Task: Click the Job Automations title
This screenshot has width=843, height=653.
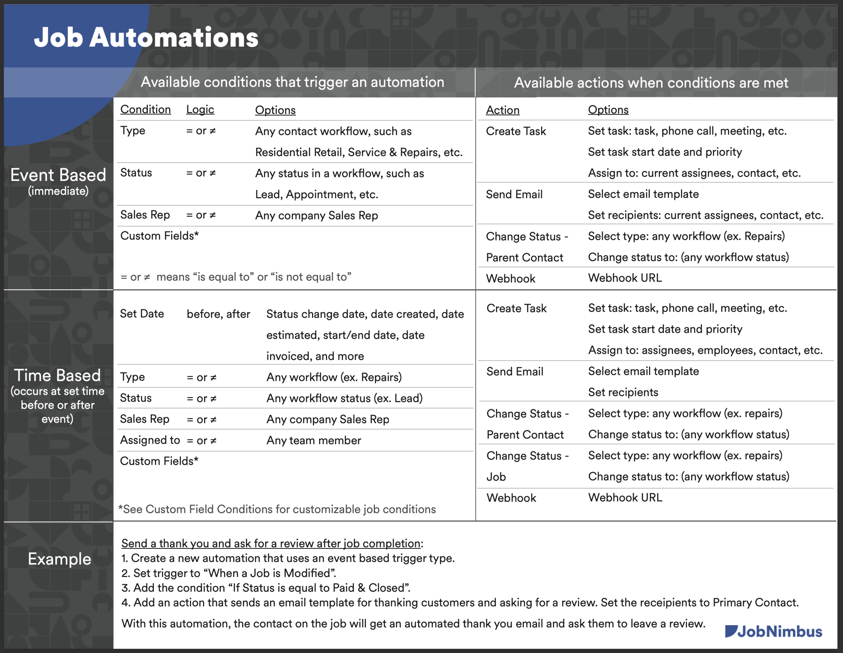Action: (146, 38)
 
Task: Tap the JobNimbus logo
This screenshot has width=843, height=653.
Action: (774, 631)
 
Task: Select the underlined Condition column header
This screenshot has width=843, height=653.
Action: (145, 110)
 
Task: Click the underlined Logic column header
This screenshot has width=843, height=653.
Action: (200, 110)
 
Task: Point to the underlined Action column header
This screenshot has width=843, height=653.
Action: (502, 110)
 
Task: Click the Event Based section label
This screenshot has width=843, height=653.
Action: (58, 175)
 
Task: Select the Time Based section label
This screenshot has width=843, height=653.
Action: (58, 376)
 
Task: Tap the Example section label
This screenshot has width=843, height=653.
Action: (59, 559)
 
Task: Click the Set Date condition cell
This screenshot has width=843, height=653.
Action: (142, 314)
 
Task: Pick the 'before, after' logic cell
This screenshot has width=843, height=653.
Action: (218, 314)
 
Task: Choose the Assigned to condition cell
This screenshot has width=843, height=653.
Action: (149, 440)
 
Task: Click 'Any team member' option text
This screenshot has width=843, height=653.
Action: (313, 441)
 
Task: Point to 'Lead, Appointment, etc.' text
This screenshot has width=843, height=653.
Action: (317, 195)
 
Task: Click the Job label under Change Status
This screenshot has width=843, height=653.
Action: (496, 477)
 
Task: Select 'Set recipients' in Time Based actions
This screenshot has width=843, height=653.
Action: (623, 392)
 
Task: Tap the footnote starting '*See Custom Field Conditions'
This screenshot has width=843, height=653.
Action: (277, 509)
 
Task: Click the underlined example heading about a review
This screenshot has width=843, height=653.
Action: (271, 543)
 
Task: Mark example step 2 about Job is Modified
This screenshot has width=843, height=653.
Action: (229, 573)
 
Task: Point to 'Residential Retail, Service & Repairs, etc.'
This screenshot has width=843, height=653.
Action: (359, 152)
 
